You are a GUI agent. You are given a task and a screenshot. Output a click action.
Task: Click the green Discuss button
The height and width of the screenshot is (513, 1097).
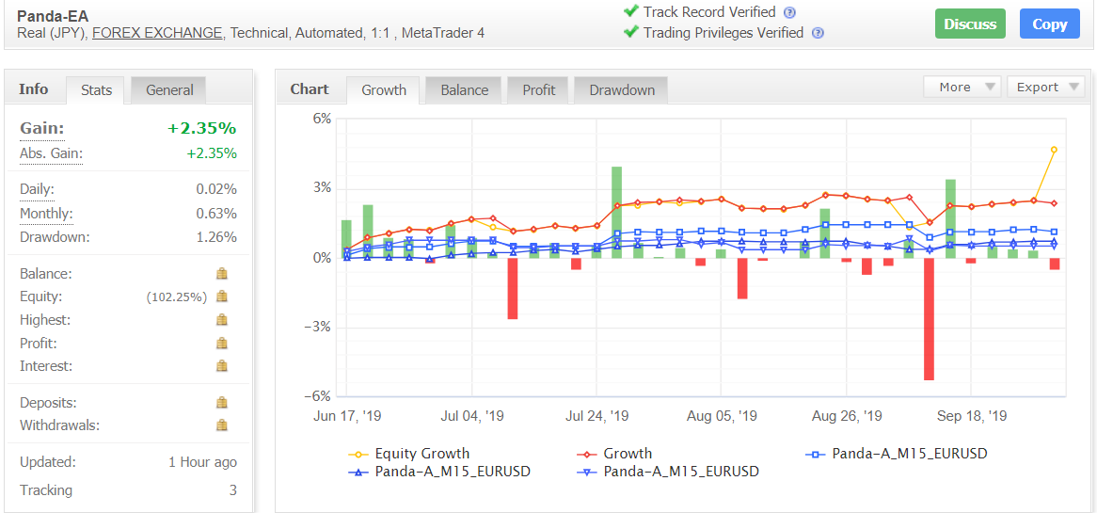pos(970,24)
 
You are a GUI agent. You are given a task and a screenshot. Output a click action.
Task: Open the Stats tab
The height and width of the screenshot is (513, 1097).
pos(96,90)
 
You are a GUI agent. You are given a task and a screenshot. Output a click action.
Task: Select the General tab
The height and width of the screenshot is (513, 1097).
pos(169,90)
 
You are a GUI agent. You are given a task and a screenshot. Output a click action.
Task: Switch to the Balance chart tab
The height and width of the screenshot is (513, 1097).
pos(464,90)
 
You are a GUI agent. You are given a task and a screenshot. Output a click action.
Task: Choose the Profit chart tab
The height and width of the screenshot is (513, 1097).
pos(539,90)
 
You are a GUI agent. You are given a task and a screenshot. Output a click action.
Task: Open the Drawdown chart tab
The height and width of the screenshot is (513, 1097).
pos(622,90)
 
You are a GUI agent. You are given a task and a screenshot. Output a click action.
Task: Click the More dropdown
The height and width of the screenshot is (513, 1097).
pos(962,87)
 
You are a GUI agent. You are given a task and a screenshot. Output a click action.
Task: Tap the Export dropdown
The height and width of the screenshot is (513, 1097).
pos(1045,87)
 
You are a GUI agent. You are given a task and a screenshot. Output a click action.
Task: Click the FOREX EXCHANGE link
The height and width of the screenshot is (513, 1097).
pos(157,33)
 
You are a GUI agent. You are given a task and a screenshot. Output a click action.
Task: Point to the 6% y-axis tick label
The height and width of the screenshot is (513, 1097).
pos(323,119)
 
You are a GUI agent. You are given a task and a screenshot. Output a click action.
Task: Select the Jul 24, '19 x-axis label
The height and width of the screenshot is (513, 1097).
pos(596,416)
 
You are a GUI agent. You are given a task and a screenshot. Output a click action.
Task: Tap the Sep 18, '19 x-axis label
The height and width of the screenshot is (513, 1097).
pos(972,416)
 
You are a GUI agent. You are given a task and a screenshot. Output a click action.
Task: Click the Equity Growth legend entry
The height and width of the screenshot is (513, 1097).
pos(421,454)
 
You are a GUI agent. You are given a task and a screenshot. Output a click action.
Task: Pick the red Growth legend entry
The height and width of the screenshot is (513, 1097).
pos(627,454)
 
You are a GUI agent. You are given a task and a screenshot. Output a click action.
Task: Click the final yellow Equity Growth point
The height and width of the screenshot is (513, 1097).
pos(1054,150)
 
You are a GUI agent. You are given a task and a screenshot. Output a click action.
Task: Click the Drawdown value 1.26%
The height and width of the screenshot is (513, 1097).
pos(216,237)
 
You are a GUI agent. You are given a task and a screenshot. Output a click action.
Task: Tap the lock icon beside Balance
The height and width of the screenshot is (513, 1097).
pos(222,274)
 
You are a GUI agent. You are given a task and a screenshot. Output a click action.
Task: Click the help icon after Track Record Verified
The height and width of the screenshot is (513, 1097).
pos(789,12)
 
